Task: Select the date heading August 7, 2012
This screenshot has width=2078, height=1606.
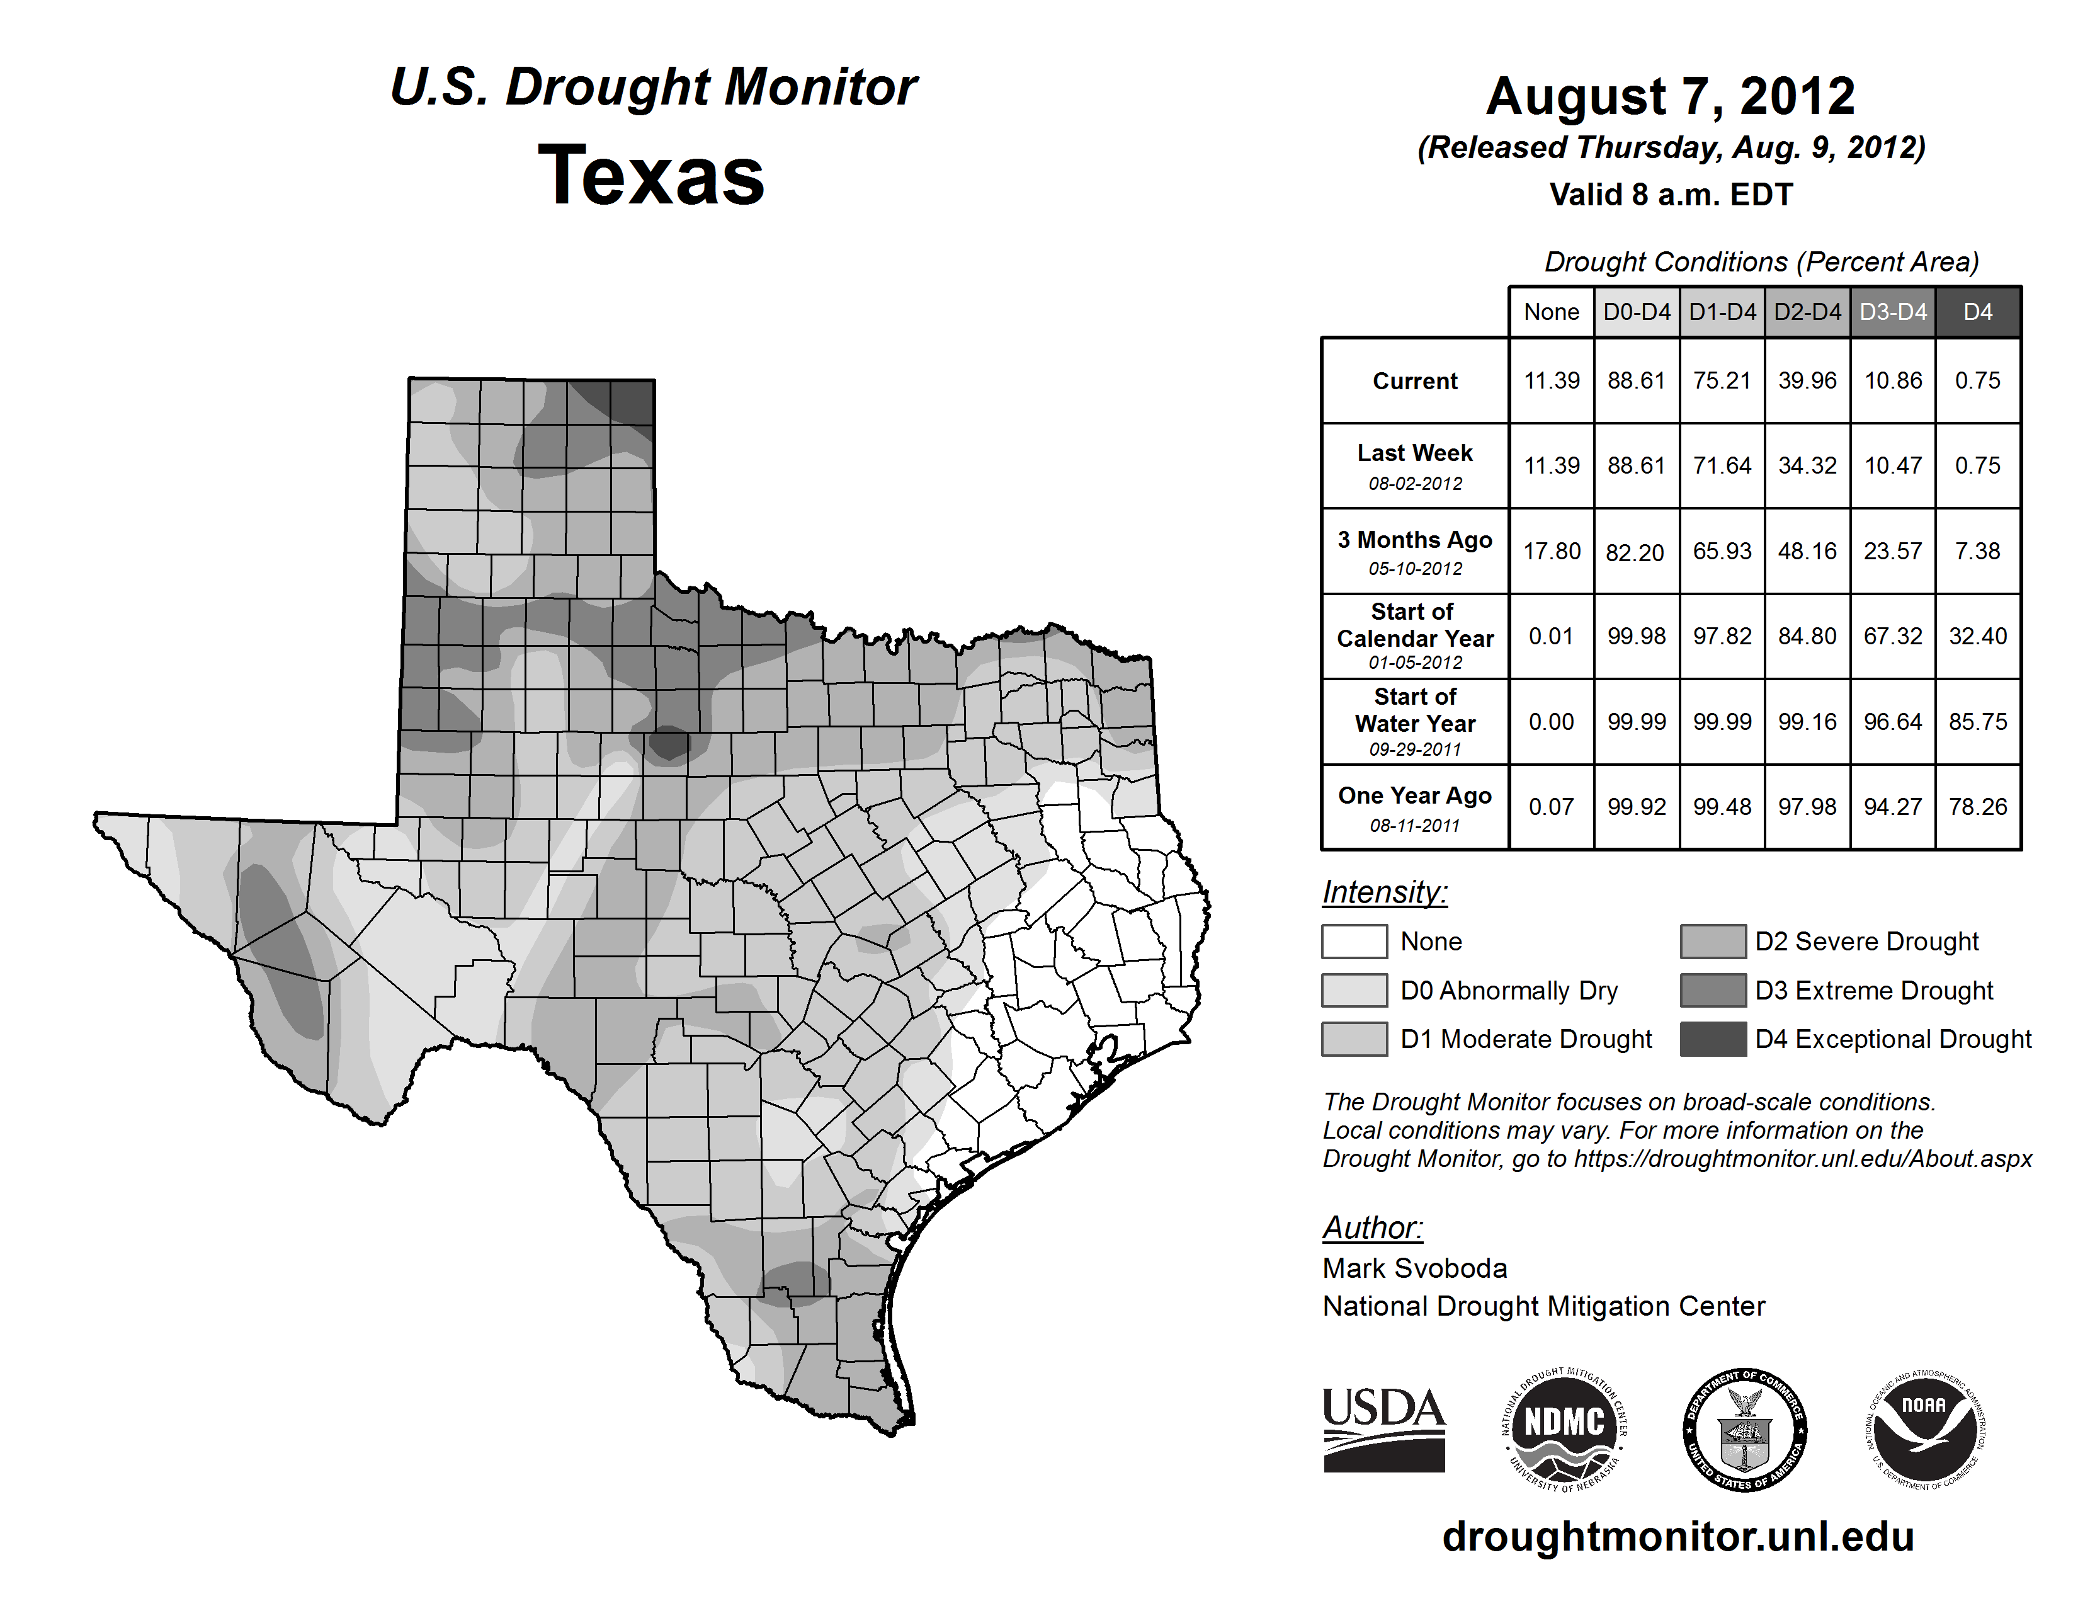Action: point(1670,96)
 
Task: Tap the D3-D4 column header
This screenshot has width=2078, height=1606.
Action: point(1892,312)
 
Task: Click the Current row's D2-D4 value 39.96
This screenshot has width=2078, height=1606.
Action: point(1807,380)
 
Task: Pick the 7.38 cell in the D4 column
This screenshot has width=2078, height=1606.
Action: point(1977,551)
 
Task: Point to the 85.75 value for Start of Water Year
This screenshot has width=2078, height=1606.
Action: point(1977,722)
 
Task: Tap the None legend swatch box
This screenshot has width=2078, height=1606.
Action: point(1354,941)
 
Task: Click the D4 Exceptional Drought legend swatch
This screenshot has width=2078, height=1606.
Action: point(1713,1039)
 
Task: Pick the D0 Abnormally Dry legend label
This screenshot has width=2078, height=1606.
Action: point(1508,991)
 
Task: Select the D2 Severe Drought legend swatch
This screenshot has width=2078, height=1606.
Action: point(1713,941)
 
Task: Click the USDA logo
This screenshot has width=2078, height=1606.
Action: point(1383,1429)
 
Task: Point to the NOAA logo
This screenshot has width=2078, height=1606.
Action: point(1924,1429)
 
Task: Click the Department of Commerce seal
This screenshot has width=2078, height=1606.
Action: point(1744,1429)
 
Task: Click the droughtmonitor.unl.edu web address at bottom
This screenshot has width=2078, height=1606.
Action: point(1678,1535)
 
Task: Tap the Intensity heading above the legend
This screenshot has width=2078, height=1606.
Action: point(1384,892)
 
